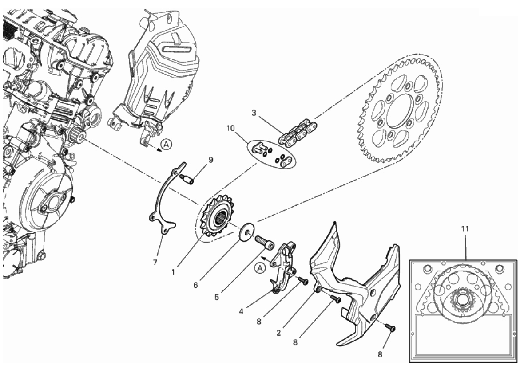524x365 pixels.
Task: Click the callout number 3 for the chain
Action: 254,113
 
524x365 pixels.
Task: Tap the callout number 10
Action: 230,128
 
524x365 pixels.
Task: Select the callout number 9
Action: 210,160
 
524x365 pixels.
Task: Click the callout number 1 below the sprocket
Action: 173,272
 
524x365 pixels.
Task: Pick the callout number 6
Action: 195,285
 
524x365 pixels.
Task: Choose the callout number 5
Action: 217,297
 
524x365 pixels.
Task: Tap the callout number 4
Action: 241,312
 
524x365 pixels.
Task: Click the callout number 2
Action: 279,333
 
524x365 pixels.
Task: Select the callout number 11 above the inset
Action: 465,228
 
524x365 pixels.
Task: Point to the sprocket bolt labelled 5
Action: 265,242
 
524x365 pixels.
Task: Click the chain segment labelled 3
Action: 298,133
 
